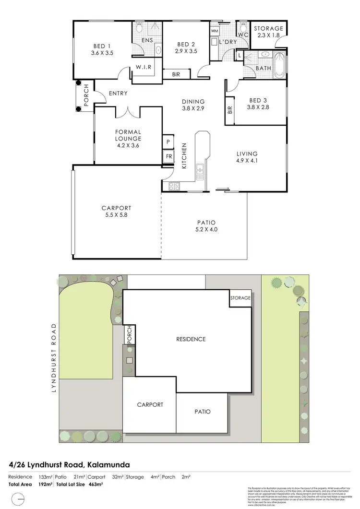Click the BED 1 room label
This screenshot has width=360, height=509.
pyautogui.click(x=102, y=50)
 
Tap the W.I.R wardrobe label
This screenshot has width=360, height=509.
pyautogui.click(x=144, y=67)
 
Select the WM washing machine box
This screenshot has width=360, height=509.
pyautogui.click(x=214, y=31)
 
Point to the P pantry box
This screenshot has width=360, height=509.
pyautogui.click(x=168, y=142)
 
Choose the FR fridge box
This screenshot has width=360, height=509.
pyautogui.click(x=168, y=156)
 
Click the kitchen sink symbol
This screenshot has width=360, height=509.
pyautogui.click(x=200, y=169)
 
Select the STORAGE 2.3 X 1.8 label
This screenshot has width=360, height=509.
pyautogui.click(x=268, y=32)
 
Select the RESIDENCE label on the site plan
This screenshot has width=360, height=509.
pyautogui.click(x=191, y=339)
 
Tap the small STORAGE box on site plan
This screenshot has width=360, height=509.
pyautogui.click(x=240, y=298)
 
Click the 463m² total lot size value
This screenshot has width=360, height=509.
pyautogui.click(x=96, y=485)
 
